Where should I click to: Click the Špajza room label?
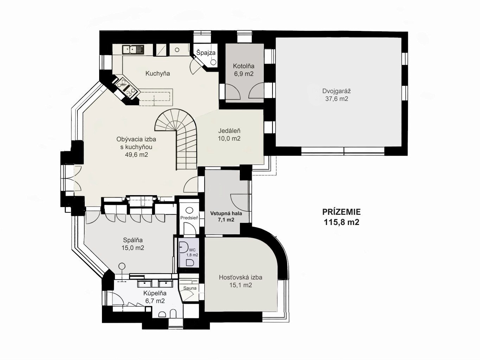pyautogui.click(x=206, y=53)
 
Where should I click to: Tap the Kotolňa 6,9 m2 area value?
pyautogui.click(x=244, y=74)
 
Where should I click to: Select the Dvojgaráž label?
pyautogui.click(x=336, y=91)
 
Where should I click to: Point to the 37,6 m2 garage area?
pyautogui.click(x=337, y=99)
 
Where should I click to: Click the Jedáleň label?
pyautogui.click(x=229, y=131)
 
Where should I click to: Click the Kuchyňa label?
pyautogui.click(x=158, y=73)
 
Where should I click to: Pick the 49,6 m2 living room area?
pyautogui.click(x=136, y=155)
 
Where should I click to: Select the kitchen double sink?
pyautogui.click(x=133, y=50)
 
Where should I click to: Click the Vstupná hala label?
pyautogui.click(x=226, y=213)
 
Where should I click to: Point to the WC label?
pyautogui.click(x=192, y=250)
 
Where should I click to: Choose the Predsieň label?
pyautogui.click(x=189, y=218)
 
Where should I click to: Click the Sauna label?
pyautogui.click(x=190, y=288)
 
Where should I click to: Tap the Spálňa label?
pyautogui.click(x=133, y=240)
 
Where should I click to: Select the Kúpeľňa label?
pyautogui.click(x=155, y=293)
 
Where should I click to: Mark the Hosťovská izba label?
pyautogui.click(x=241, y=277)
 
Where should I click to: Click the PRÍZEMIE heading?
pyautogui.click(x=341, y=212)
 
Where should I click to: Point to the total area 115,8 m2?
pyautogui.click(x=341, y=222)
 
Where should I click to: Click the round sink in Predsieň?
pyautogui.click(x=189, y=211)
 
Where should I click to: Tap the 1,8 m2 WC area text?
pyautogui.click(x=192, y=255)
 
